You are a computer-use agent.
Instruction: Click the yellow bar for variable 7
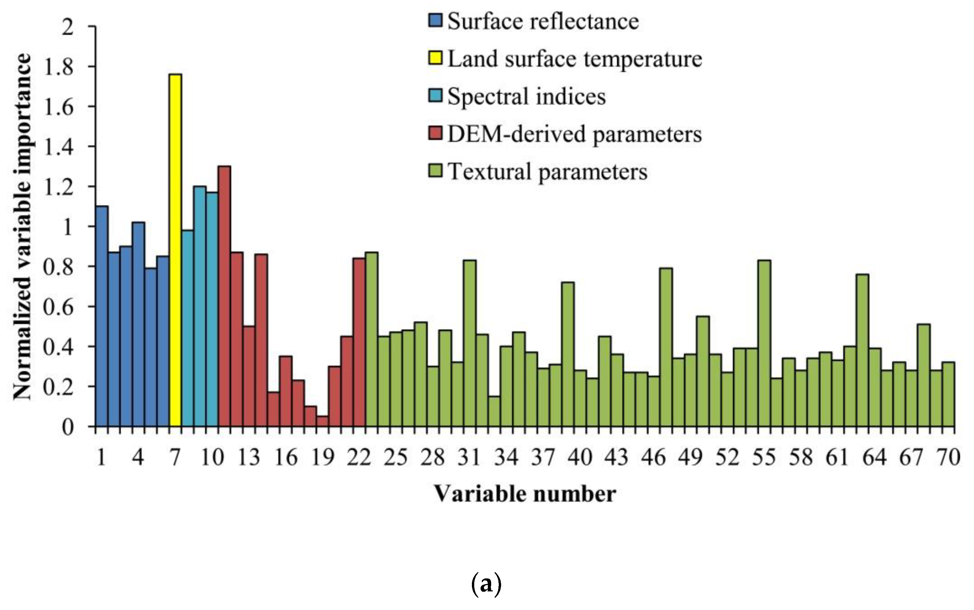point(175,250)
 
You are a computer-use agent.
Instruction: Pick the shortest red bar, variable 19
point(322,421)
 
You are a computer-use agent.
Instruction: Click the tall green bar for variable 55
point(764,343)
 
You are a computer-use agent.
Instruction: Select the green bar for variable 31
point(470,343)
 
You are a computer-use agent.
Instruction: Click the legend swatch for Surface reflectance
point(435,21)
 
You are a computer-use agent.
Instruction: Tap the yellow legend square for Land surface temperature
point(435,58)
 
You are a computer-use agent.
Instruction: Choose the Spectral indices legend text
point(526,96)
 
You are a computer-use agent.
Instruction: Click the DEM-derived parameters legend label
point(574,134)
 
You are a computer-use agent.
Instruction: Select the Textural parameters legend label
point(547,171)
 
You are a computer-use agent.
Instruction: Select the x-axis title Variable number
point(525,494)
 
